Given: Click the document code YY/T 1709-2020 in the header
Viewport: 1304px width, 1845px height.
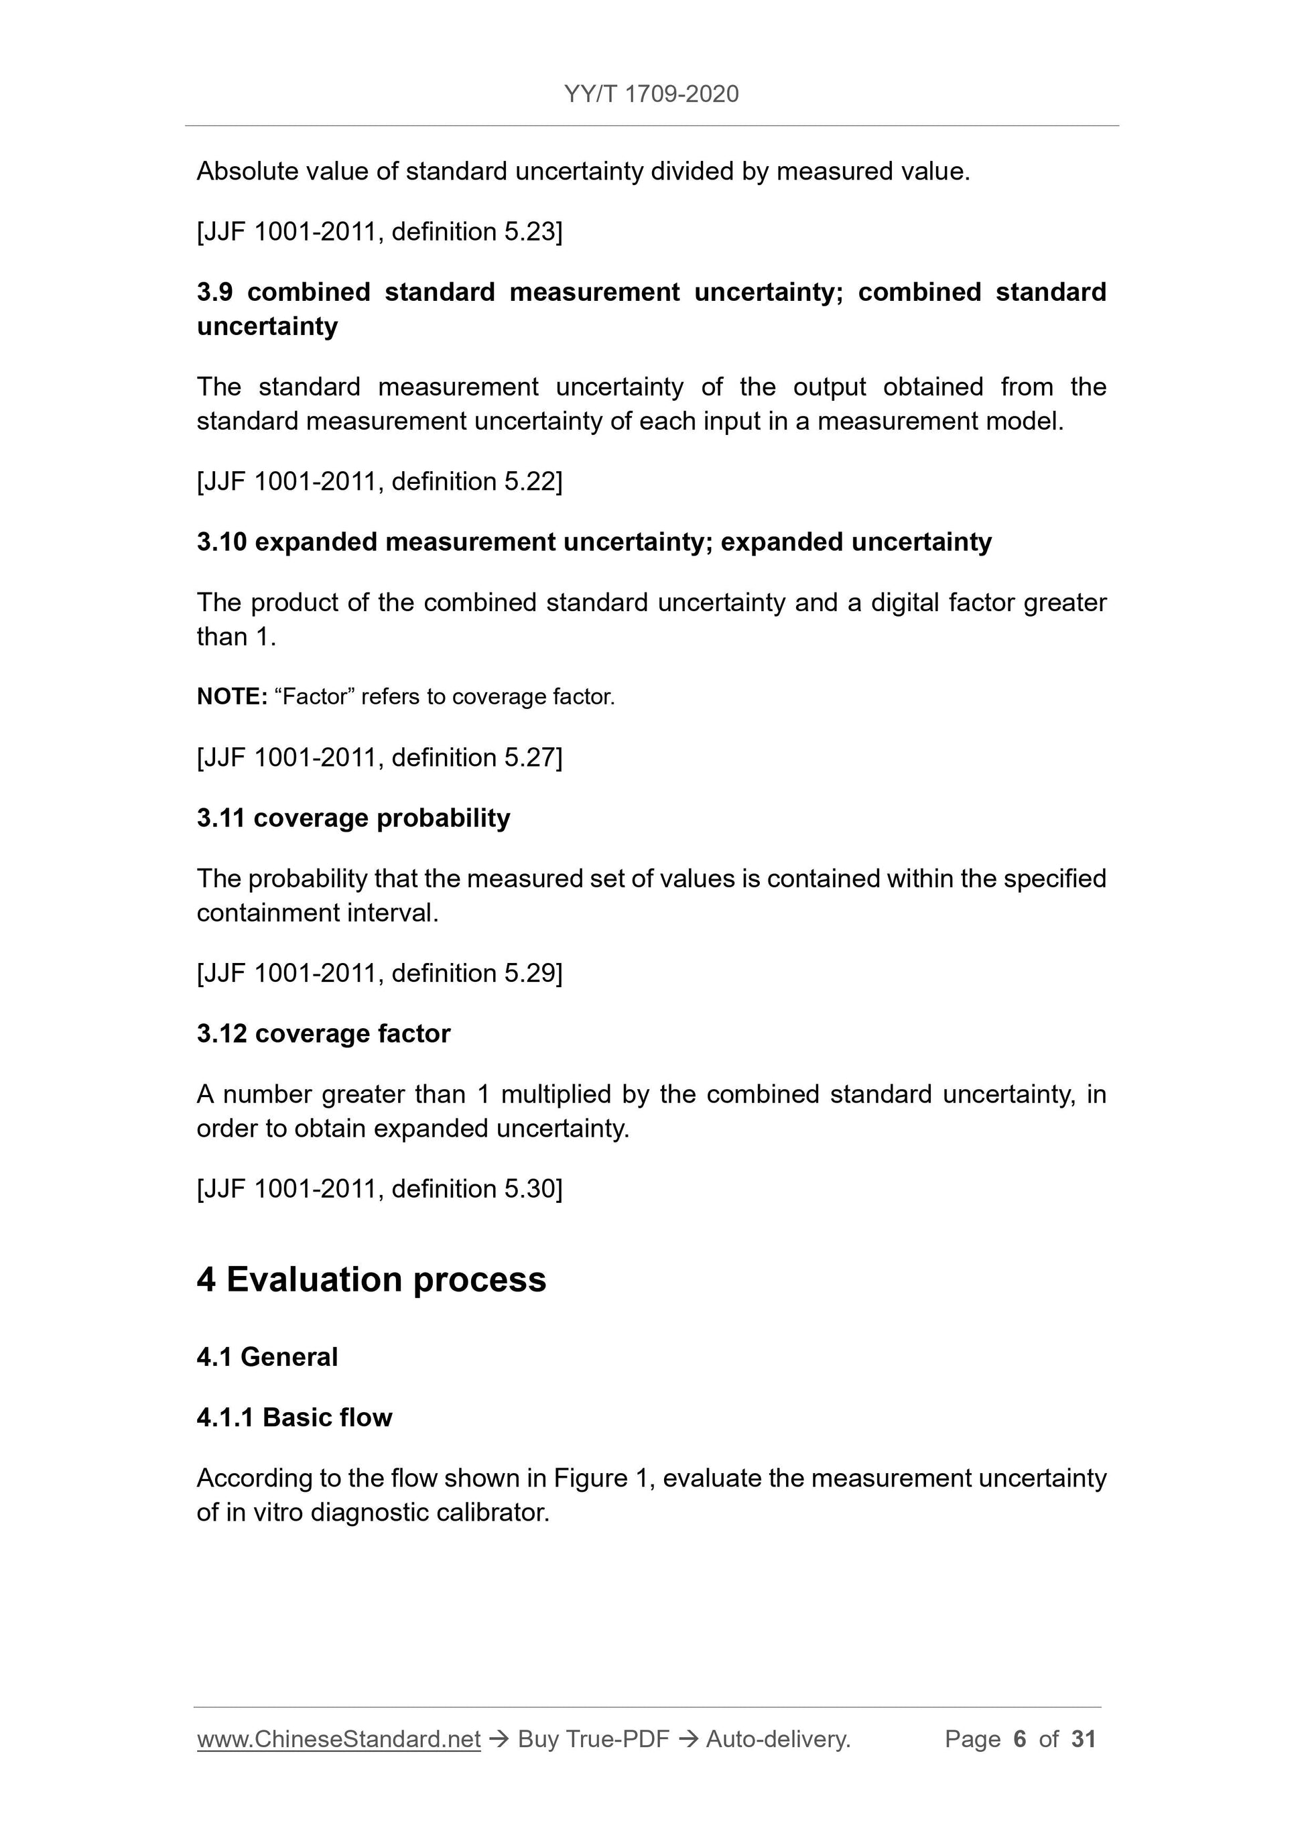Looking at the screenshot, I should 651,94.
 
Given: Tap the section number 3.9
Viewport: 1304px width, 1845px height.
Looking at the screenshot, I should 214,292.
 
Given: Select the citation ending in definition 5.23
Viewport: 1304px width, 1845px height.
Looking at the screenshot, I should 379,231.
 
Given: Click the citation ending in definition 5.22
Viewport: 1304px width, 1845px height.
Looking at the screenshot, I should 379,481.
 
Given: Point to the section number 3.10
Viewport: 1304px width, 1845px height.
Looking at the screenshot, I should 221,542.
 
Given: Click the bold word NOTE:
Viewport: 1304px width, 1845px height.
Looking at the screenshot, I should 231,697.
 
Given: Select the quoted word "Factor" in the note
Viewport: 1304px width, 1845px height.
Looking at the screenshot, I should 314,697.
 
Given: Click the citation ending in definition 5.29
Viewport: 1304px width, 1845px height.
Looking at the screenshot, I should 379,973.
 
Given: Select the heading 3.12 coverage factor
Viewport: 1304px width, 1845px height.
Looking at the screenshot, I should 323,1033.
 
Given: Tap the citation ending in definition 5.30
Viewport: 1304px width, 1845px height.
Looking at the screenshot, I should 379,1188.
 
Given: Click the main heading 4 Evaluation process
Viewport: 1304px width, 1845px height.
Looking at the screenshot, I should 371,1280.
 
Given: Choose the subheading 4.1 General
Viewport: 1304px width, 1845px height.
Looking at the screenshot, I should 267,1357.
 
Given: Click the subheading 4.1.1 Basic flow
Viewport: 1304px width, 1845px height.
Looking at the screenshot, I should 294,1417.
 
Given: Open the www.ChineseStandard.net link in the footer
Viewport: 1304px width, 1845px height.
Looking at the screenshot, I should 338,1739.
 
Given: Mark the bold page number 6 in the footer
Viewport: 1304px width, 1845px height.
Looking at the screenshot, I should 1020,1739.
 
